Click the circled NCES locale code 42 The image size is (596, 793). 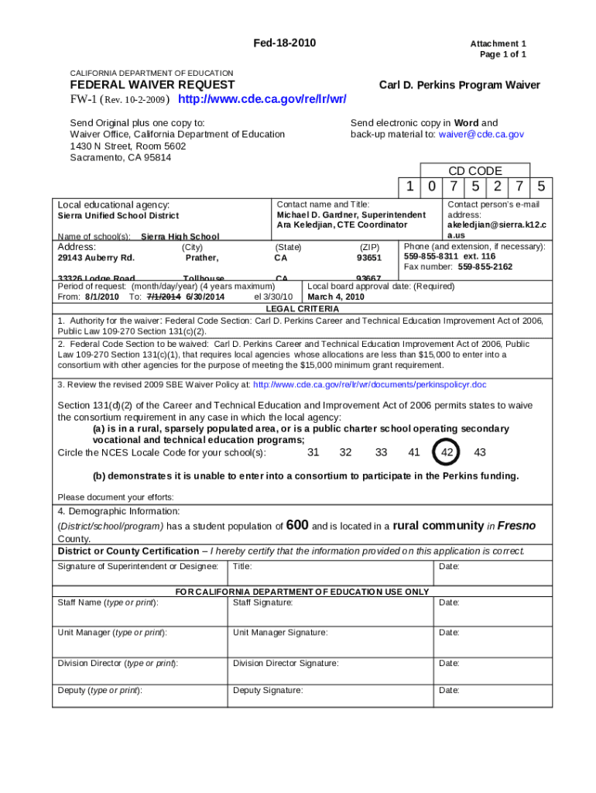click(447, 453)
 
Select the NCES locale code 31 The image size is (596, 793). click(313, 453)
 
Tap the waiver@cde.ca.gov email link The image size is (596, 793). click(481, 134)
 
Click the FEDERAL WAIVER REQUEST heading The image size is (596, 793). click(152, 84)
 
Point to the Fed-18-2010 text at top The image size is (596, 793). click(285, 43)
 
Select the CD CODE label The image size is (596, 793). click(475, 170)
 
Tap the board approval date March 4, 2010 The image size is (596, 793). click(335, 297)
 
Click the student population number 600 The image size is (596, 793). click(297, 525)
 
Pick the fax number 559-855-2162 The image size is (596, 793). click(485, 266)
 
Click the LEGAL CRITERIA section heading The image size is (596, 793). click(302, 308)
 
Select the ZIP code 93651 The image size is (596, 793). click(368, 258)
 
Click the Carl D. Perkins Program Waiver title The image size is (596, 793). click(459, 85)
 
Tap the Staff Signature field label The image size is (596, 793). click(262, 602)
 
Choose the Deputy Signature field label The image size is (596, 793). click(268, 690)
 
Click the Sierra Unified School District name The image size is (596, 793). click(118, 216)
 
